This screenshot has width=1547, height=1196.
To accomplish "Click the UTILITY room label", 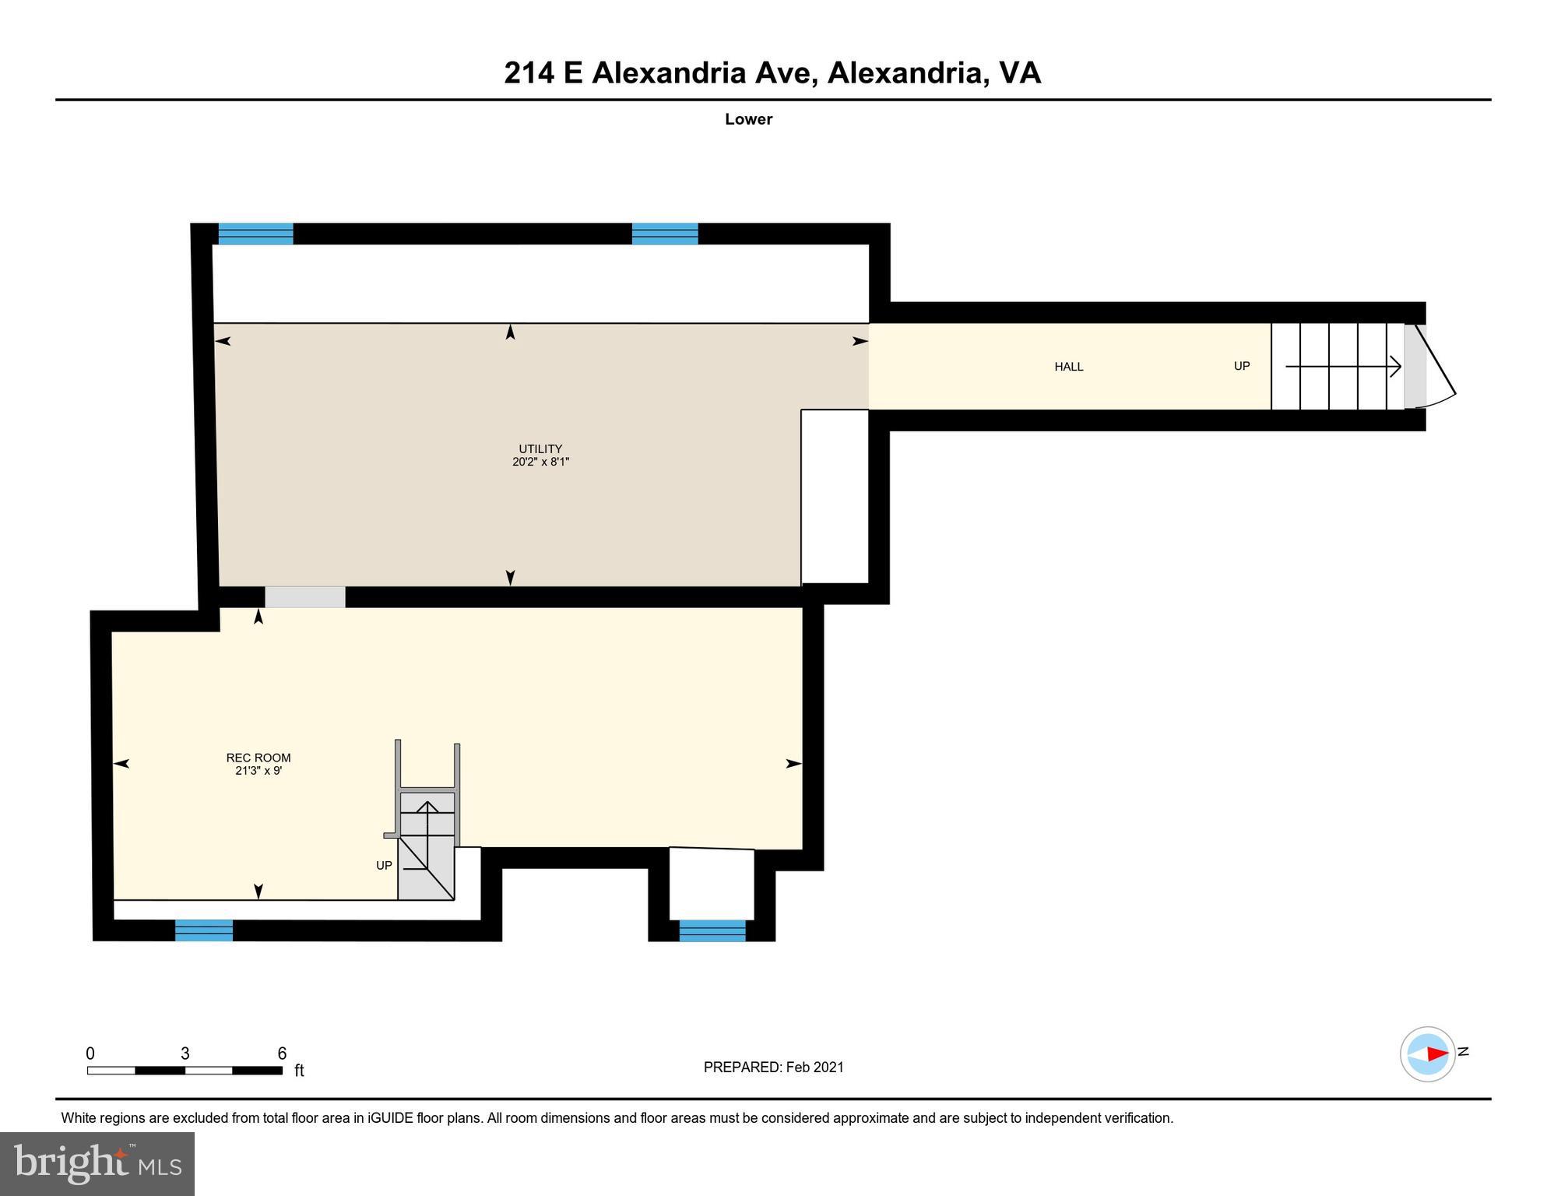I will tap(540, 448).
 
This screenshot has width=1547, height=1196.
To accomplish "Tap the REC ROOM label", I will tap(258, 758).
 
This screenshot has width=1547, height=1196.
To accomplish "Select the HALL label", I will tap(1068, 367).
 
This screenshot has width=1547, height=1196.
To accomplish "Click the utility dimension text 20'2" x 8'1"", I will tap(540, 462).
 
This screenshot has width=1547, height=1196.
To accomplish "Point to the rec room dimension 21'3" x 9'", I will tap(258, 771).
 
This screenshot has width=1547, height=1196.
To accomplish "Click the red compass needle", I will tap(1436, 1054).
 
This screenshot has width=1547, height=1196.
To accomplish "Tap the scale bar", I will tap(185, 1071).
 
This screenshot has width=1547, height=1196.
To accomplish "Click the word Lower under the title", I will tap(748, 119).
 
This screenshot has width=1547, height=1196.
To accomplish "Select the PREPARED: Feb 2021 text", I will tap(773, 1068).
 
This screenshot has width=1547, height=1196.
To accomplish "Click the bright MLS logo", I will tap(97, 1163).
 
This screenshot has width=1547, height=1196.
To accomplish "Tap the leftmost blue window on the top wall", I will tap(255, 234).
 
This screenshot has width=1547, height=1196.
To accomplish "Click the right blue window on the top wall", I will tap(665, 234).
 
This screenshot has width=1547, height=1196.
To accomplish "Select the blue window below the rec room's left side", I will tap(204, 930).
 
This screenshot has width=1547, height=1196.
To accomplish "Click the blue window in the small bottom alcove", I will tap(712, 930).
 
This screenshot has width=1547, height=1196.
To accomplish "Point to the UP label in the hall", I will tap(1242, 366).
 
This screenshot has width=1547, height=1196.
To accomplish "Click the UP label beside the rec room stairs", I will tap(384, 866).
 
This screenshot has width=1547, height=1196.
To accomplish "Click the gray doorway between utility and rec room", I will tap(305, 597).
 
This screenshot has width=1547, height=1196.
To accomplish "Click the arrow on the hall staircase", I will tap(1343, 366).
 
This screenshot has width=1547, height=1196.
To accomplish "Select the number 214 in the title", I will tap(529, 73).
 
